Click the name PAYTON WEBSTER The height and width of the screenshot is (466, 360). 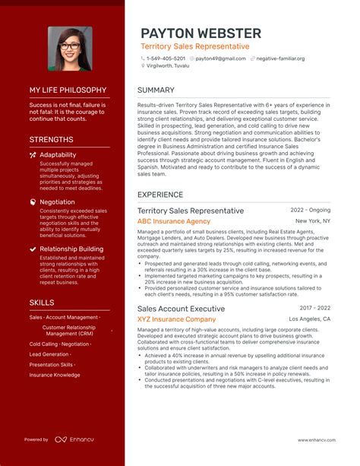point(201,33)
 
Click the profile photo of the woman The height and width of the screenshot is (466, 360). point(70,49)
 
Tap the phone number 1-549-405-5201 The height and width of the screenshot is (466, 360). point(166,59)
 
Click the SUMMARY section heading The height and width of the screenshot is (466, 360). point(156,90)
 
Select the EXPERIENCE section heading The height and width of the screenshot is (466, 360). point(160,195)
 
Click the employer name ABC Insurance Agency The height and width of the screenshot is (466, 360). point(174,221)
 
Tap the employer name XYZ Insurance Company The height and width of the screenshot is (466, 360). point(176,319)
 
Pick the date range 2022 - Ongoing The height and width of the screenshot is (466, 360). point(310,210)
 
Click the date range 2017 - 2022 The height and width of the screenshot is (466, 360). point(314,308)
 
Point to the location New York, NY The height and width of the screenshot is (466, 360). point(313,221)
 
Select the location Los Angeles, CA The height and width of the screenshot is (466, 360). point(309,319)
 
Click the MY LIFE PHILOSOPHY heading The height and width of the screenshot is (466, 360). point(67,90)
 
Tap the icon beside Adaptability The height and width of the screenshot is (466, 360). point(33,154)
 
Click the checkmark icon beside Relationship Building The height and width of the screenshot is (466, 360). point(33,249)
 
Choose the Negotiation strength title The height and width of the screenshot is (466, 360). point(57,202)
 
